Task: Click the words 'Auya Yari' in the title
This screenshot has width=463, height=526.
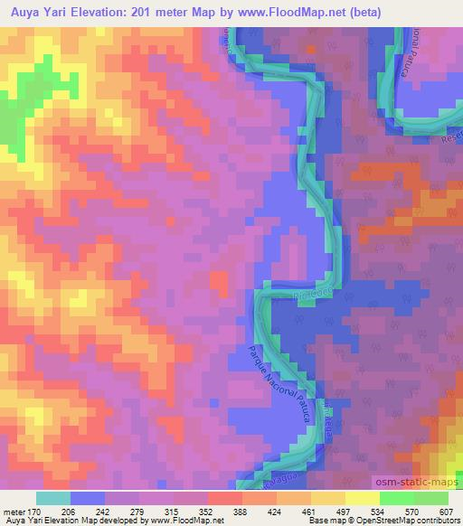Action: (37, 13)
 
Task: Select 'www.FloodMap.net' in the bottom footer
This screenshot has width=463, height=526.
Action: (184, 521)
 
